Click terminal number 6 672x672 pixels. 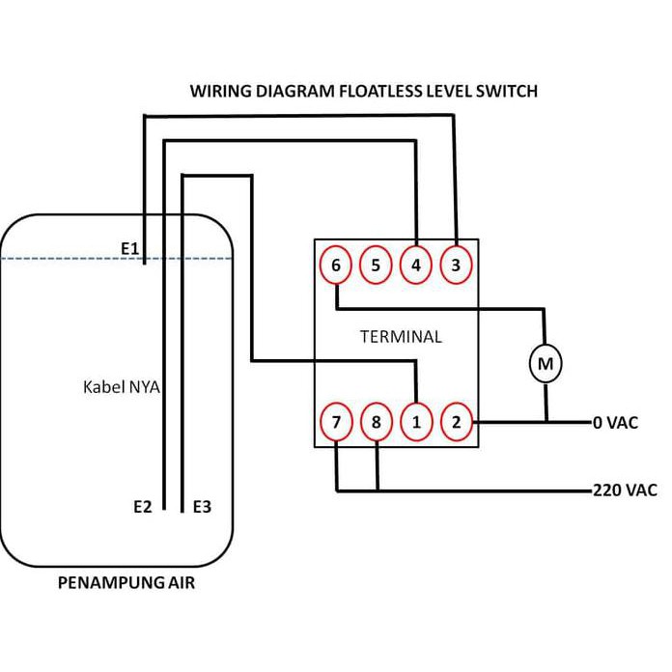(336, 265)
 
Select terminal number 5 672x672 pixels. (376, 265)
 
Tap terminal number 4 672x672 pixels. (416, 265)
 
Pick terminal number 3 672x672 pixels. (456, 265)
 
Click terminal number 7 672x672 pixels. (336, 422)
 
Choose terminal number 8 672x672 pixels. (377, 422)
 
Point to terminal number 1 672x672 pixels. (416, 422)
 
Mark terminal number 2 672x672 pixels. (457, 422)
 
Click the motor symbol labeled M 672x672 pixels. (546, 363)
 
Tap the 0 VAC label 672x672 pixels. (615, 423)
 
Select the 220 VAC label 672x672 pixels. (625, 490)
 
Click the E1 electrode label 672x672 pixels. (129, 248)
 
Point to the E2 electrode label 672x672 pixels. (143, 507)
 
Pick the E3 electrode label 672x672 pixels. (202, 507)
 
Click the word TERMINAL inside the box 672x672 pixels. (401, 337)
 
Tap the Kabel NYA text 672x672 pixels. (122, 387)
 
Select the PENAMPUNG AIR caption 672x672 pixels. (126, 583)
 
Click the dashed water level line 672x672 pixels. (117, 259)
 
